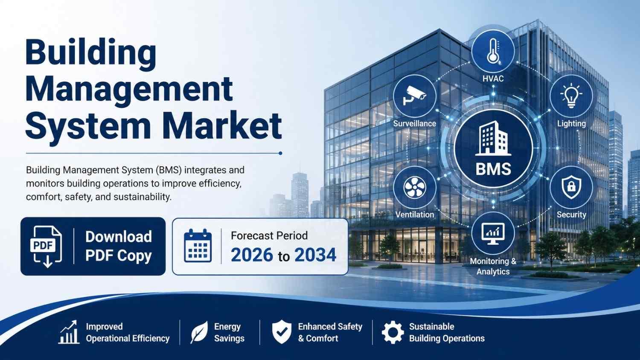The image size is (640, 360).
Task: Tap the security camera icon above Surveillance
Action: point(414,96)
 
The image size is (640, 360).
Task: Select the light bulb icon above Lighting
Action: point(571,96)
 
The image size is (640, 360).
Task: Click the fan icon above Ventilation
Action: point(415,187)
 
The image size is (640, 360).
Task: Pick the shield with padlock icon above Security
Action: point(571,187)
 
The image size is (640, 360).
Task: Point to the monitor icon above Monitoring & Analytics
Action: point(493,233)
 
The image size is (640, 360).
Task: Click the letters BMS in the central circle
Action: point(493,169)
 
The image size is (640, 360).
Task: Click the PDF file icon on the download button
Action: point(46,247)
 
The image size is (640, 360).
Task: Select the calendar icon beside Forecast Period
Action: point(198,246)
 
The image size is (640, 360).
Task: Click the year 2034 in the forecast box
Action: point(315,255)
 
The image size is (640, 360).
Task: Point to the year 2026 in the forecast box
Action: point(252,255)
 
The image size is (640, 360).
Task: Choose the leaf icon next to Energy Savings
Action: point(199,332)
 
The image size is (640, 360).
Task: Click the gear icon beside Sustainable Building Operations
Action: point(393,332)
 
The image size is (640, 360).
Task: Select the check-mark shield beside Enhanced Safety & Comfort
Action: point(282,332)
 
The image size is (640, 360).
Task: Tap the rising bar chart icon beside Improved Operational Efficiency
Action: point(69,332)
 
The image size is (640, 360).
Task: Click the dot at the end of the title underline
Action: point(280,153)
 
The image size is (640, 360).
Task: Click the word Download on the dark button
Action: point(119,237)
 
